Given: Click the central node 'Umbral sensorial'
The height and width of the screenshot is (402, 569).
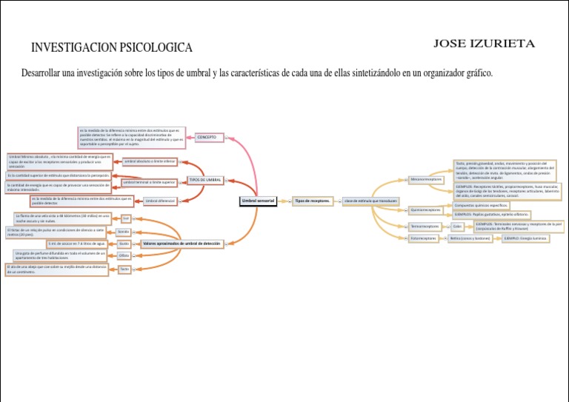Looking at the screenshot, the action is tap(258, 201).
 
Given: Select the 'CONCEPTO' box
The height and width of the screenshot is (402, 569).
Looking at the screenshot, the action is tap(207, 137).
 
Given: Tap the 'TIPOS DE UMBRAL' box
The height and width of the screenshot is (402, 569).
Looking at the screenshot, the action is tap(205, 180).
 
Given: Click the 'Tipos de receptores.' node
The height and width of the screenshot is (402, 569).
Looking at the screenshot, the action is tap(312, 201).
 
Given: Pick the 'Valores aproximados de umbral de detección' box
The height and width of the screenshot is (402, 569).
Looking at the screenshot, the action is tap(181, 243).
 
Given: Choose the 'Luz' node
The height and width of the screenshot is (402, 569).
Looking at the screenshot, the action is tap(126, 218).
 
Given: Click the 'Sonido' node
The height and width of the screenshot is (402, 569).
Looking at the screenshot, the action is tap(123, 232).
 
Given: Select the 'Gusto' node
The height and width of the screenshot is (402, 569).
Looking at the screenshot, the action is tap(124, 244).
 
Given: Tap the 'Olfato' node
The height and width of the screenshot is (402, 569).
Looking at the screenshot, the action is tap(124, 255).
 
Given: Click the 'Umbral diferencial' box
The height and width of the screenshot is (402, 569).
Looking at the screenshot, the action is tap(160, 201).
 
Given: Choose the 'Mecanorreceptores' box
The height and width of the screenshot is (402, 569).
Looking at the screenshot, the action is tap(426, 179).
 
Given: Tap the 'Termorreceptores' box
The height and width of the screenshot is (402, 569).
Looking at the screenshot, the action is tap(425, 226).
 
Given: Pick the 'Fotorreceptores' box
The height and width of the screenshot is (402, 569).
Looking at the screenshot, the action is tap(425, 238).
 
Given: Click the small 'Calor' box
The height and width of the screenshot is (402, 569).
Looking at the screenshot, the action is tap(457, 226).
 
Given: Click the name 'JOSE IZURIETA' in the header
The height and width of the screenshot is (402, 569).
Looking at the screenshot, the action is tap(484, 43).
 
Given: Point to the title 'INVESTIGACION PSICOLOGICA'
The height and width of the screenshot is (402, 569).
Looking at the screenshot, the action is tap(111, 48).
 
